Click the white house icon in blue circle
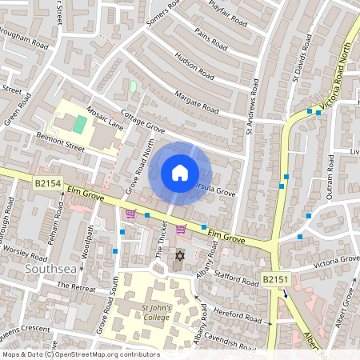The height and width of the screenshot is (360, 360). [180, 172]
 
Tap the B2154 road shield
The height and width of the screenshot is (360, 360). [47, 184]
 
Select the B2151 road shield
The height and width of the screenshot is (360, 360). [274, 280]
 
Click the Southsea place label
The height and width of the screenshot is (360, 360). [50, 266]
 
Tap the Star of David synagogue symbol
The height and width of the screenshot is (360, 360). [179, 255]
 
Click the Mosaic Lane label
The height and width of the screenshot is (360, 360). [105, 118]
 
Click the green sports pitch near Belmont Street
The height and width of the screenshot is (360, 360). [79, 124]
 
